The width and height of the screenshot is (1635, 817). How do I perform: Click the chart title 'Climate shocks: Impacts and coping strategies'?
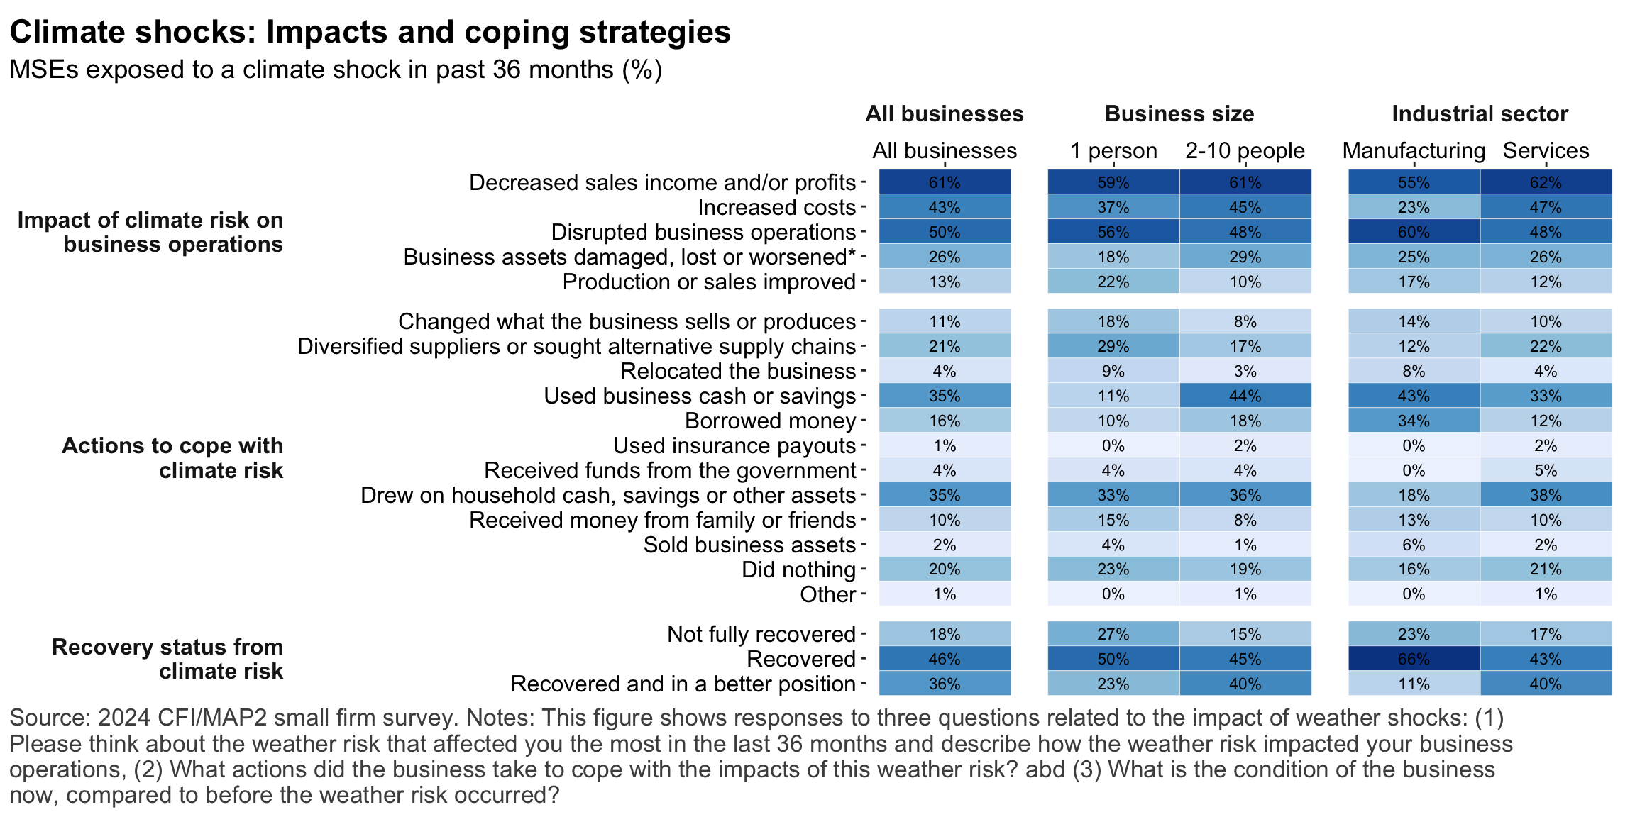(x=370, y=32)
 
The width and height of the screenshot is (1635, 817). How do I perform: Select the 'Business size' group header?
(x=1179, y=114)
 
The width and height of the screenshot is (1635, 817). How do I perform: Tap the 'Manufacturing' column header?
(x=1414, y=151)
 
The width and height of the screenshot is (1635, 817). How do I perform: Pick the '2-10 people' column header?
(x=1245, y=151)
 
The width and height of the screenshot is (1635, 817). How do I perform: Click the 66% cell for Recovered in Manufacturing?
(x=1414, y=659)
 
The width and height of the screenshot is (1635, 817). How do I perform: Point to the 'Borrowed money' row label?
(x=770, y=421)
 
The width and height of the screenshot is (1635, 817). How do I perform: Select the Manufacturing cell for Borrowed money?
(x=1414, y=421)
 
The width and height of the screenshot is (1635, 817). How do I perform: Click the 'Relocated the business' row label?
(x=738, y=371)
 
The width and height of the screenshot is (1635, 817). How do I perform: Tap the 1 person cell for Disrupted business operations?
(x=1113, y=232)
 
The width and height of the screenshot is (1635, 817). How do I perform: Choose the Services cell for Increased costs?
(x=1546, y=207)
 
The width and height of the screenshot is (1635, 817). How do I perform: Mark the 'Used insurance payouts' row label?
(x=734, y=445)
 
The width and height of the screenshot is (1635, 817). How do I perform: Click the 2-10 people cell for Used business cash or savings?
(x=1245, y=396)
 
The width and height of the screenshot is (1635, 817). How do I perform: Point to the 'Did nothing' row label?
(x=798, y=569)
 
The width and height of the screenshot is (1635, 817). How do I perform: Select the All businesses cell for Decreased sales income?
(x=945, y=182)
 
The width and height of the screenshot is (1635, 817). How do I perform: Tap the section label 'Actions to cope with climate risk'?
(x=172, y=457)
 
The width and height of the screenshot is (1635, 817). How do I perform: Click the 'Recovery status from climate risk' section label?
(x=167, y=659)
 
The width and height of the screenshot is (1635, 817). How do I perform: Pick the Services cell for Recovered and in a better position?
(x=1546, y=684)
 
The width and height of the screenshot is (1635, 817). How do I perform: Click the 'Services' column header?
(x=1546, y=151)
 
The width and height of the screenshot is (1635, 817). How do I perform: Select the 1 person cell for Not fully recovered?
(x=1113, y=634)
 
